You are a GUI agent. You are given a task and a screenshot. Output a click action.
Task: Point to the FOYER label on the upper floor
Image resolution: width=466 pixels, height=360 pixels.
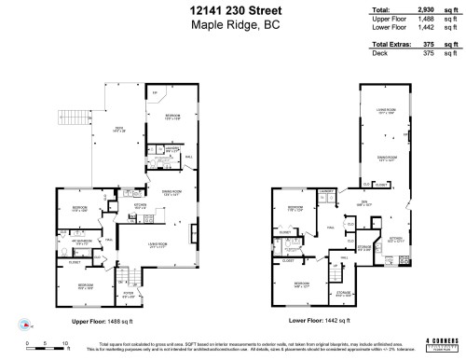click(129, 296)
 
